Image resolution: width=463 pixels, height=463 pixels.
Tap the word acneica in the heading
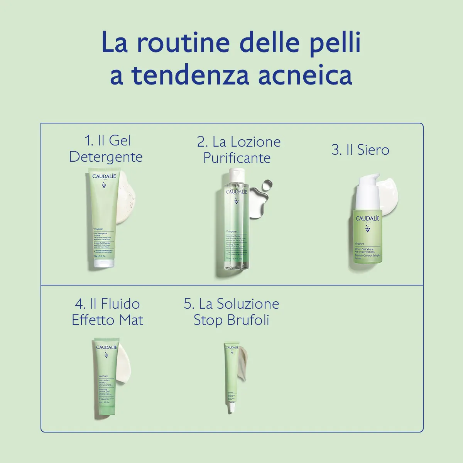(305, 75)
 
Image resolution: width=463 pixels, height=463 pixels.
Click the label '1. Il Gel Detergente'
(106, 149)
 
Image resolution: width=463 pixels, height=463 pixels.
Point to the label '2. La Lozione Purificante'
(238, 150)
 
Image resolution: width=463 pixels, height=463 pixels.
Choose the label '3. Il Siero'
(360, 150)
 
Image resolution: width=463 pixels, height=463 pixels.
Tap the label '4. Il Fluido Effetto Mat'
(107, 312)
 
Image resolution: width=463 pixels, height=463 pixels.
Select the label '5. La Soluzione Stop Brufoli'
(231, 312)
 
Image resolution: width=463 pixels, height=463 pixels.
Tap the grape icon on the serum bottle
(368, 230)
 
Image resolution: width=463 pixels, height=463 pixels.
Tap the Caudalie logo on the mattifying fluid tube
(106, 347)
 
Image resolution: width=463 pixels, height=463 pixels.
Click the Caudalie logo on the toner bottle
(236, 192)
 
